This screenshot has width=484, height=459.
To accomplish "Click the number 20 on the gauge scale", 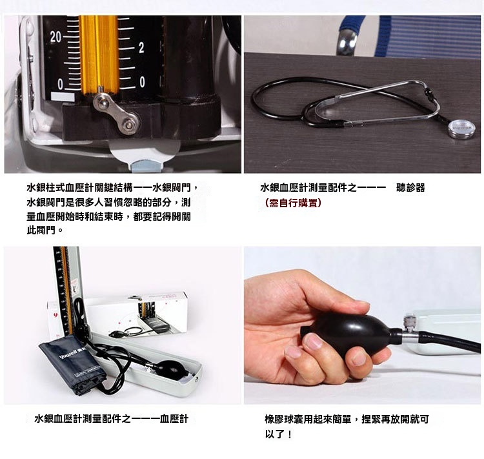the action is (x=55, y=37).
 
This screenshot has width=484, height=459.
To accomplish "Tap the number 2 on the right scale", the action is (x=141, y=48).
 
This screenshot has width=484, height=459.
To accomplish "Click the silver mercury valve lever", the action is (x=116, y=113).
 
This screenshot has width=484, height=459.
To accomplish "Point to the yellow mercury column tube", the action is (x=99, y=55).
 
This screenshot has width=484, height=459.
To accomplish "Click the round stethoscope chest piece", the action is (x=461, y=129).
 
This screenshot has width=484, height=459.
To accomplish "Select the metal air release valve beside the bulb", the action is (x=410, y=330).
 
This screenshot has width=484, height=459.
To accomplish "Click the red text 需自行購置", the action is (x=293, y=203).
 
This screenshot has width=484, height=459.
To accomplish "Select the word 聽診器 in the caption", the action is (x=410, y=187).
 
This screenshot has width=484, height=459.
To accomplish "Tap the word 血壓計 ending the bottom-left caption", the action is (x=174, y=419).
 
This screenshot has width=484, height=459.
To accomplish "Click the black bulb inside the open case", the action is (x=172, y=370).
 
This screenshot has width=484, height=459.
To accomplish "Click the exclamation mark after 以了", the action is (x=289, y=434).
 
